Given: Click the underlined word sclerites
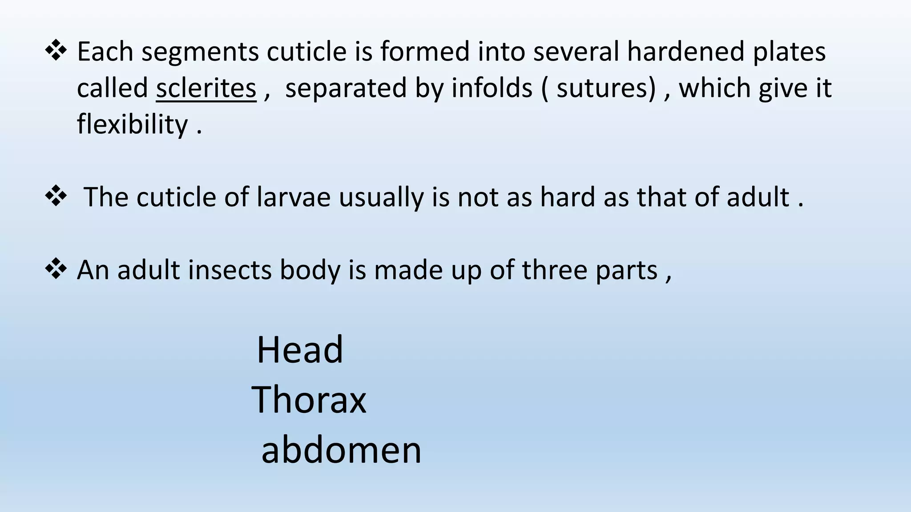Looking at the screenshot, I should [x=206, y=88].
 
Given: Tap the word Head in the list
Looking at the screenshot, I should [x=300, y=350].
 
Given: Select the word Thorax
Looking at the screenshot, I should [x=309, y=400].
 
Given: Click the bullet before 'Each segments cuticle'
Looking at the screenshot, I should [x=56, y=51].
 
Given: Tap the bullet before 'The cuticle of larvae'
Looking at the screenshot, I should [x=56, y=196].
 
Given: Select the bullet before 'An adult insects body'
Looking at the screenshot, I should [x=56, y=269].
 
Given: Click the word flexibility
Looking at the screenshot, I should [x=133, y=124].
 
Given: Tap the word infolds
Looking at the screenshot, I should [x=492, y=88].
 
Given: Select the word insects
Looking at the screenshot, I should [x=230, y=270].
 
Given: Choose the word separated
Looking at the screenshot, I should [x=346, y=88].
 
